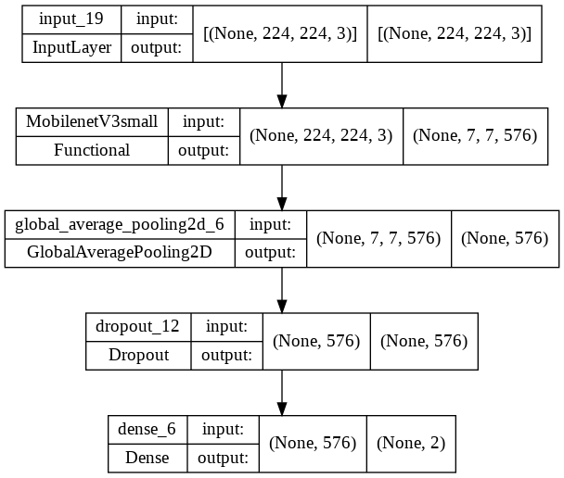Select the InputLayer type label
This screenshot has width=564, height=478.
(x=71, y=48)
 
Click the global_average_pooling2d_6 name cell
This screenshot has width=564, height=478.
(x=120, y=224)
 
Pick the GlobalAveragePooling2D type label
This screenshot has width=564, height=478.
(x=120, y=252)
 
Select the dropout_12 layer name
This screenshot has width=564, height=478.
(x=137, y=326)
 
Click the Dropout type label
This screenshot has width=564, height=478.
(x=137, y=354)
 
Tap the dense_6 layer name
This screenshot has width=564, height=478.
(x=148, y=429)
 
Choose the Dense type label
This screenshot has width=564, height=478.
(x=148, y=457)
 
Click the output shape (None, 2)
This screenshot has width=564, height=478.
(x=411, y=443)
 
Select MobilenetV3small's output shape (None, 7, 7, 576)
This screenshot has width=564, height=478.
(x=475, y=136)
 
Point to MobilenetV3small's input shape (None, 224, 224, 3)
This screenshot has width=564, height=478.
(x=321, y=136)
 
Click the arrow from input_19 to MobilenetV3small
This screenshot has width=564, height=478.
(x=282, y=84)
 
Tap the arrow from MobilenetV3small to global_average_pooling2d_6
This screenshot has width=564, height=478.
(x=282, y=187)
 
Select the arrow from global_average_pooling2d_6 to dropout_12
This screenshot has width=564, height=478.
(x=282, y=289)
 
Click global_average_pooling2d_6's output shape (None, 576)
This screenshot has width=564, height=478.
(x=506, y=238)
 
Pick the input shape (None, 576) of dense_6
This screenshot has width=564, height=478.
(x=313, y=443)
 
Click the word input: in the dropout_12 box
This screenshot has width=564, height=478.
(x=227, y=326)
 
